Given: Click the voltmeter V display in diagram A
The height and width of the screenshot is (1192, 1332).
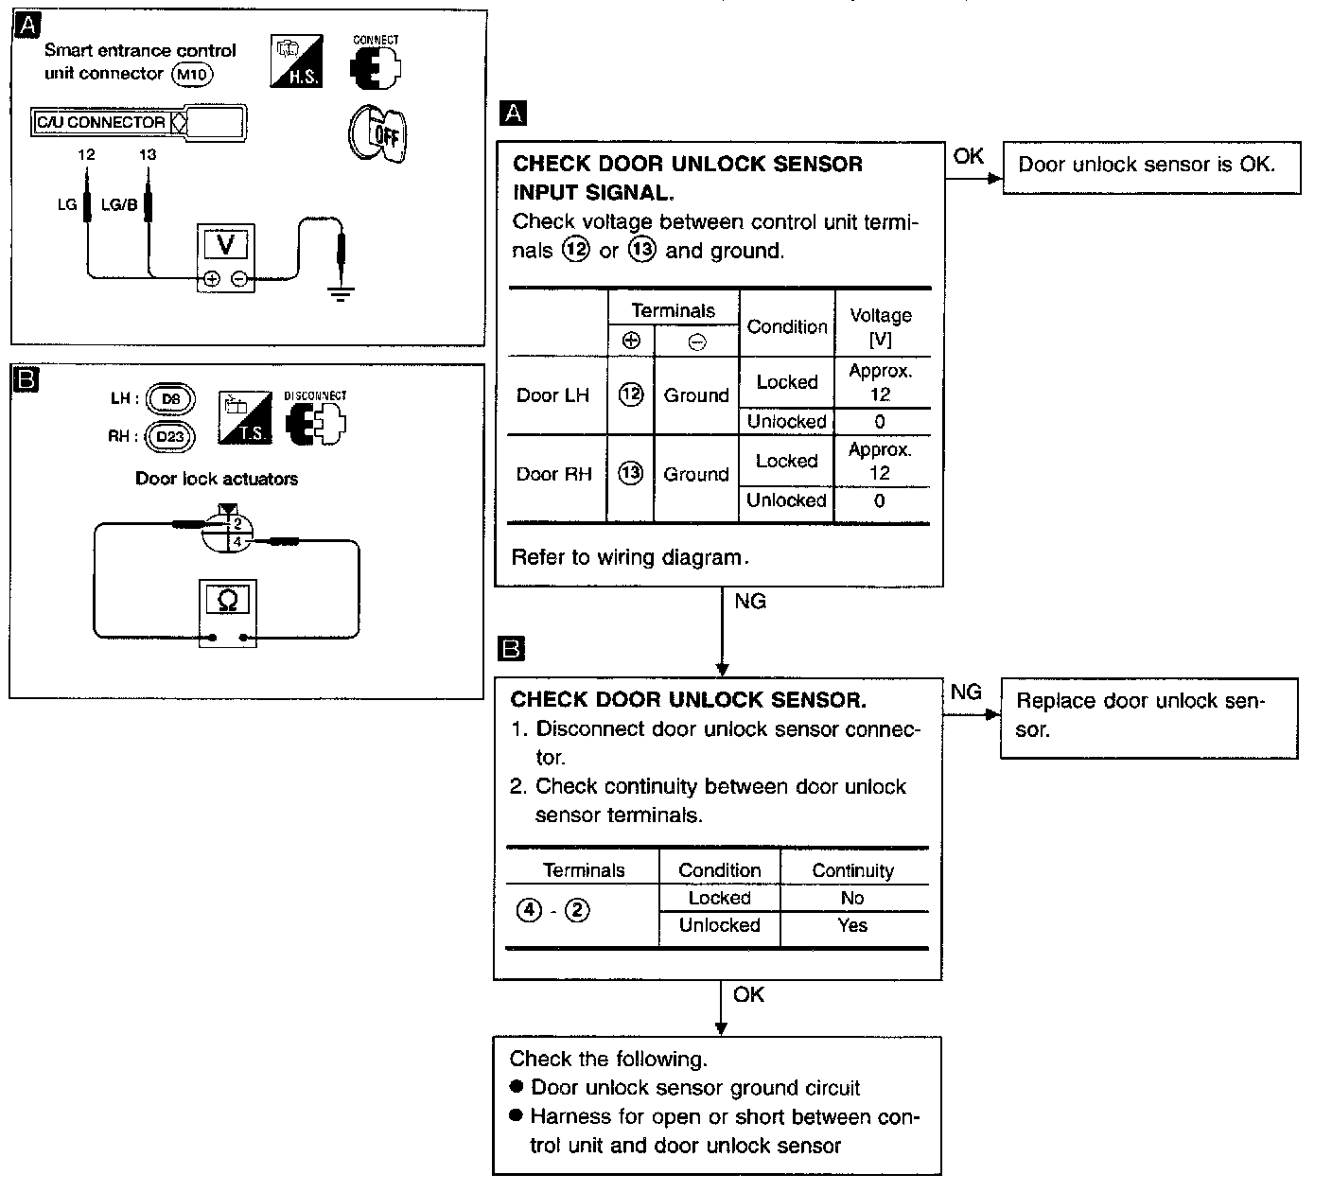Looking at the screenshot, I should click(x=225, y=245).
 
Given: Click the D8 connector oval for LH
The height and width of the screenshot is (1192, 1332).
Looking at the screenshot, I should click(x=170, y=399).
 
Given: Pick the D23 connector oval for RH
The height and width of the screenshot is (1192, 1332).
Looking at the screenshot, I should click(x=170, y=436).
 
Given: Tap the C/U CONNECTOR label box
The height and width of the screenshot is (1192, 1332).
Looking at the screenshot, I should click(x=100, y=122).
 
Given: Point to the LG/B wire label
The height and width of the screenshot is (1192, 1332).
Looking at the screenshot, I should click(x=118, y=203).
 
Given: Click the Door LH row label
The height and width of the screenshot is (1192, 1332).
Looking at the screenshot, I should click(x=552, y=395).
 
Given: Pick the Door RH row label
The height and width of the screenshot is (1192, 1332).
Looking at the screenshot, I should click(x=553, y=474).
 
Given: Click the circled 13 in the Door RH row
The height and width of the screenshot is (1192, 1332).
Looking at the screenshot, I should click(x=630, y=473).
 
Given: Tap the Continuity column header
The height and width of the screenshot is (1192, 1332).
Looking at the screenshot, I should click(x=852, y=870).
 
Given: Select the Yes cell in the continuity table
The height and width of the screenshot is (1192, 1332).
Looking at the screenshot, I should click(x=852, y=925).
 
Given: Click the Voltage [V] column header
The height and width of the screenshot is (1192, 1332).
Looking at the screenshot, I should click(x=881, y=326).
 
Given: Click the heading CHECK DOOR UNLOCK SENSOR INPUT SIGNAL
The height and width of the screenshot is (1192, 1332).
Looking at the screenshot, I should click(x=688, y=178).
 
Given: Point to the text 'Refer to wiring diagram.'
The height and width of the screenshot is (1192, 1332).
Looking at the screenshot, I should click(x=629, y=557).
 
